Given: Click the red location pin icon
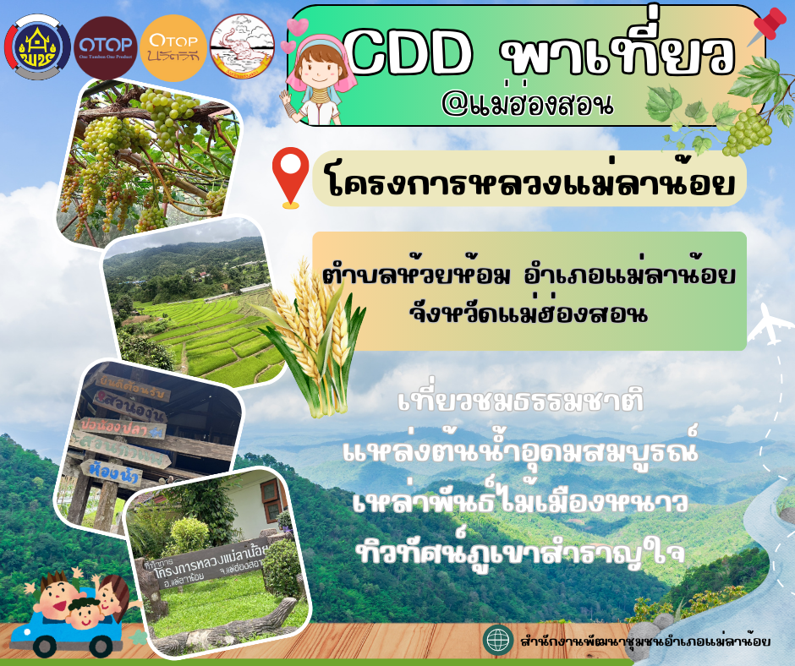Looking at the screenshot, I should [x=290, y=175].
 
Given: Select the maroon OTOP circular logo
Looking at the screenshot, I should [x=105, y=46].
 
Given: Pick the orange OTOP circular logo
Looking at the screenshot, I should [x=173, y=46].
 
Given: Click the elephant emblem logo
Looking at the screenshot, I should [x=242, y=46].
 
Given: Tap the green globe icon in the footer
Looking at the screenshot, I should [x=497, y=640].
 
